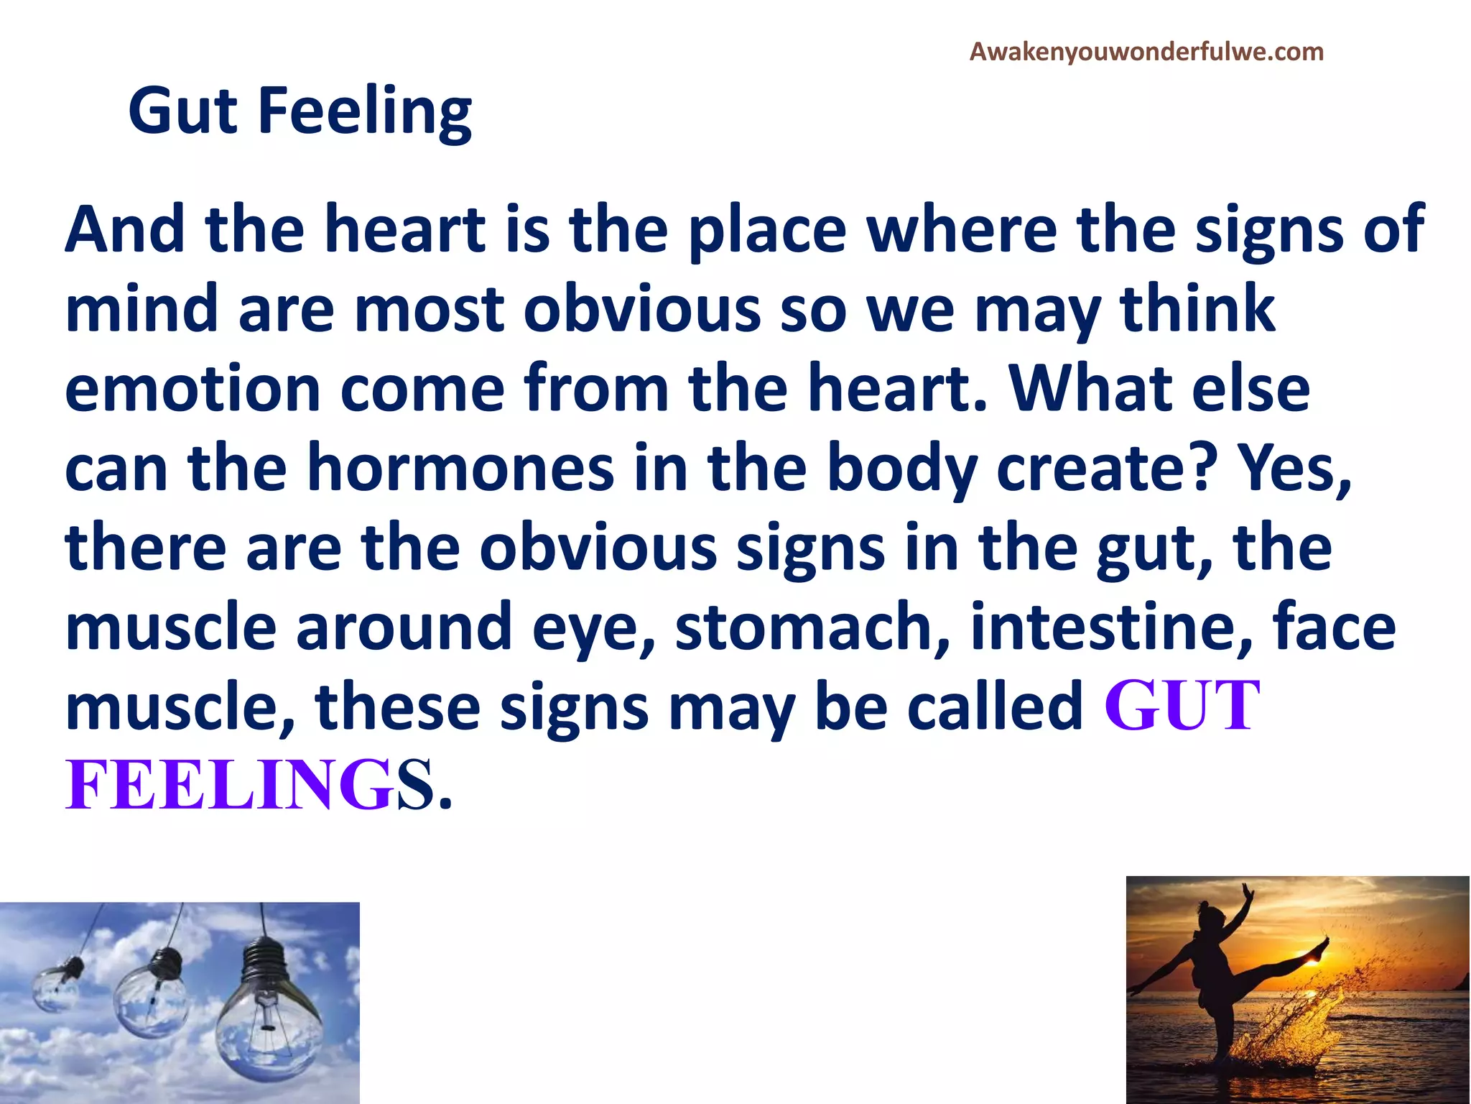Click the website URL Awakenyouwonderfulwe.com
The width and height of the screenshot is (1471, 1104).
click(x=1146, y=52)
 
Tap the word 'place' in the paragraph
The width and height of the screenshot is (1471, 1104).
click(x=767, y=231)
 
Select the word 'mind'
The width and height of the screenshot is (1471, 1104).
click(x=141, y=309)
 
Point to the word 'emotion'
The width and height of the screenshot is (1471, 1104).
click(x=192, y=390)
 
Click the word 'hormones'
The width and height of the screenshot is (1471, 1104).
click(x=460, y=469)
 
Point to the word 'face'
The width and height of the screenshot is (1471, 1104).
click(x=1334, y=627)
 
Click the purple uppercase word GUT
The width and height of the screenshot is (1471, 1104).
click(x=1182, y=707)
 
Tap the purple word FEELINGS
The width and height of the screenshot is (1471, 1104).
click(x=249, y=785)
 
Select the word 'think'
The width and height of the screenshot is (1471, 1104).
click(x=1197, y=309)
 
